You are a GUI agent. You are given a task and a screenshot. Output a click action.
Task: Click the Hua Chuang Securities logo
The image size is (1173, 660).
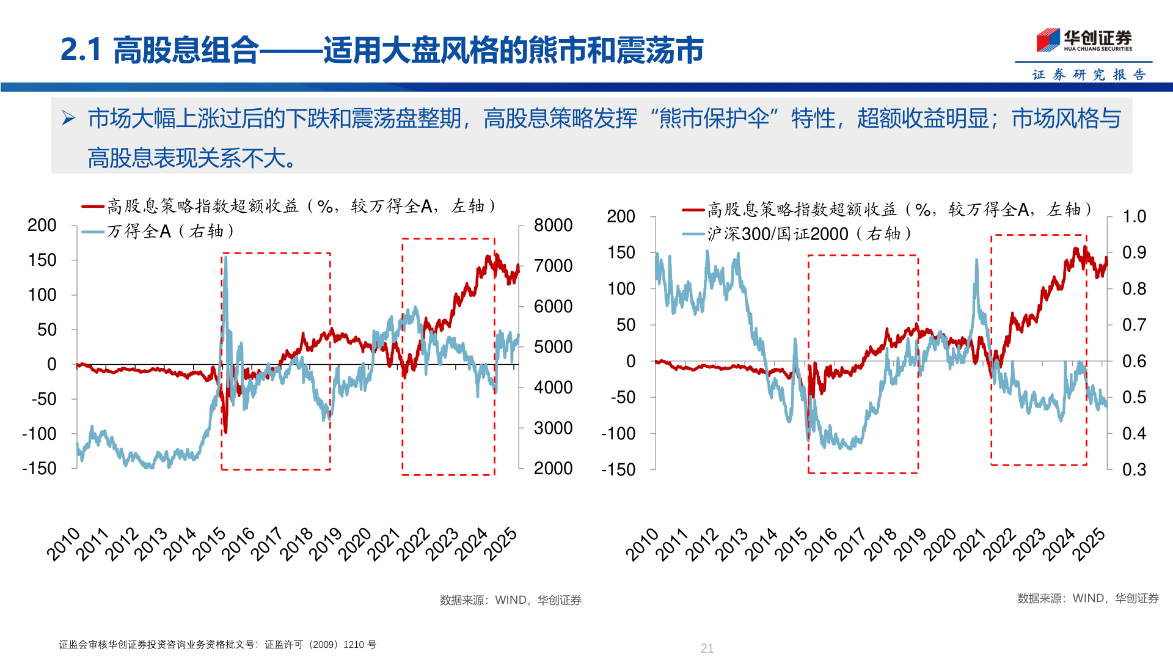1084,40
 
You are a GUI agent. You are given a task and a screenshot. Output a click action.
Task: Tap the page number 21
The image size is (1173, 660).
707,648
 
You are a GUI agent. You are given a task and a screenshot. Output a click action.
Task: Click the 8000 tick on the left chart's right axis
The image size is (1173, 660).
553,226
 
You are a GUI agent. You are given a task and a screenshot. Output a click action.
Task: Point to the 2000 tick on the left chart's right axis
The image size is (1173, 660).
553,469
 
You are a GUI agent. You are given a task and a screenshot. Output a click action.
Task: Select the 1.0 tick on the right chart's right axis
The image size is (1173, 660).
1134,216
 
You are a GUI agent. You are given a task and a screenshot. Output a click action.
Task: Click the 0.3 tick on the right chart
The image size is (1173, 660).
1134,469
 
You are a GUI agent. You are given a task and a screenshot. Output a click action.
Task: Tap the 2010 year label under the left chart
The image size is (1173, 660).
64,544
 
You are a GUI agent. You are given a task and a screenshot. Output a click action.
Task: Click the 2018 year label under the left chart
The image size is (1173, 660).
296,544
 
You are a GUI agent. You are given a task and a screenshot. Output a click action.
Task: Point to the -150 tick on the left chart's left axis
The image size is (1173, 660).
40,469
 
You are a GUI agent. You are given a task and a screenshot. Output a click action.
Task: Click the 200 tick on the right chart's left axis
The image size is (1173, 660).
621,216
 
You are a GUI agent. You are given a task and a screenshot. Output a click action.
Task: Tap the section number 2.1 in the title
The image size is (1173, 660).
81,50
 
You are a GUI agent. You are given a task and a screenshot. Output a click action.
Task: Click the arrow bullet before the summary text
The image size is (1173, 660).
68,118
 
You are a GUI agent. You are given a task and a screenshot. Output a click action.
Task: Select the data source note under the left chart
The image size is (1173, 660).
510,600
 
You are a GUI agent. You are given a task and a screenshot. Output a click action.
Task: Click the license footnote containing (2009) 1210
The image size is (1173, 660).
217,645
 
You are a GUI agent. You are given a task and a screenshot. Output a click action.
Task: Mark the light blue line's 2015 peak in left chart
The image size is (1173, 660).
226,258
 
